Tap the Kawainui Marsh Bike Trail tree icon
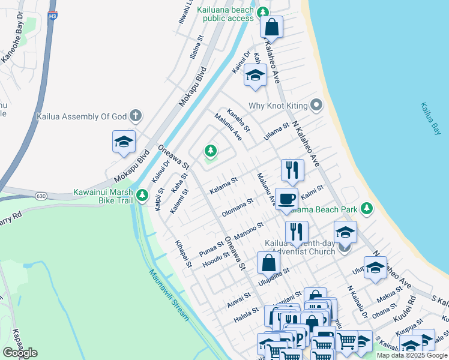[142, 194]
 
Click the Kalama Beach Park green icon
[366, 209]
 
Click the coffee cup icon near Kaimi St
[286, 198]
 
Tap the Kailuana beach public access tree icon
[262, 11]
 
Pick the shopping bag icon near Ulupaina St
[268, 262]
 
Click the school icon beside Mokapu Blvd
[124, 142]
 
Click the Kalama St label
[224, 185]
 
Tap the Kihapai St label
[182, 254]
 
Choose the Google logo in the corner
[20, 352]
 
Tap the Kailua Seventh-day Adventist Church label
[300, 247]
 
